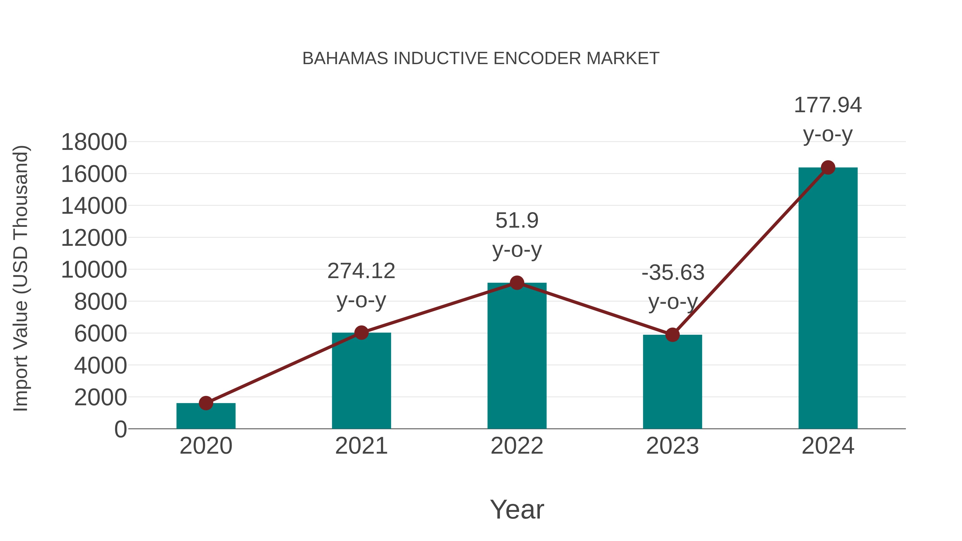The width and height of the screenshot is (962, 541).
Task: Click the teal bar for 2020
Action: click(206, 416)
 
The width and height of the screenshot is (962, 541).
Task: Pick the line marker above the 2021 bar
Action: click(361, 332)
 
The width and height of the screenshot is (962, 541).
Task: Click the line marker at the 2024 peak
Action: click(828, 168)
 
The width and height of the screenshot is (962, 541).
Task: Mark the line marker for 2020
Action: click(206, 403)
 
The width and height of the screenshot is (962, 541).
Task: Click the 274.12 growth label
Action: click(361, 271)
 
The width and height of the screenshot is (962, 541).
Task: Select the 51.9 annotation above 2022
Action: click(517, 220)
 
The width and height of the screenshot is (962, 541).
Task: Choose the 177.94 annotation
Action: click(828, 105)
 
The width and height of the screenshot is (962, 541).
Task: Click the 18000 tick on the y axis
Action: click(94, 142)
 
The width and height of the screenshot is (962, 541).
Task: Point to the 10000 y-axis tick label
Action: click(94, 270)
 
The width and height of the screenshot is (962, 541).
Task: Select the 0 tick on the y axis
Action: click(121, 429)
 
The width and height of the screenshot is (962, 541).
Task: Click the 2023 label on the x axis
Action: click(672, 446)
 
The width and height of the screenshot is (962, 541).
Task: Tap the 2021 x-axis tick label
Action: click(361, 446)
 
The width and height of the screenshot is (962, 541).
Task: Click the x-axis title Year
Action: click(517, 509)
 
